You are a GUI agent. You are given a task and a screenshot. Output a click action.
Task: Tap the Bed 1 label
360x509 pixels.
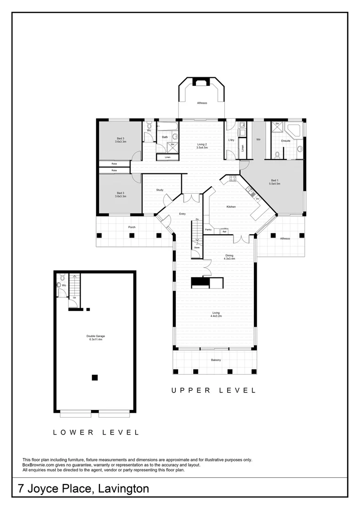pyautogui.click(x=275, y=181)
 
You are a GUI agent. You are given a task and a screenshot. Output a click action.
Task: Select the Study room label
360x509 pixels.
pyautogui.click(x=160, y=190)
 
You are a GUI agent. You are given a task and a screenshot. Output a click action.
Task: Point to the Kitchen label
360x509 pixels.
pyautogui.click(x=231, y=207)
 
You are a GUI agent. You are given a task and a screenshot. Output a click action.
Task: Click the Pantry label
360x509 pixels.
pyautogui.click(x=208, y=230)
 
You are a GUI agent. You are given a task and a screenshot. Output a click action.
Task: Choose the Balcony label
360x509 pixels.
pyautogui.click(x=216, y=361)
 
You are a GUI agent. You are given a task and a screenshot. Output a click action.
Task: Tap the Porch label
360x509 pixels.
pyautogui.click(x=132, y=227)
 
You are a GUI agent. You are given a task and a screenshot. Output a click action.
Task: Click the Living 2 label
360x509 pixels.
pyautogui.click(x=202, y=146)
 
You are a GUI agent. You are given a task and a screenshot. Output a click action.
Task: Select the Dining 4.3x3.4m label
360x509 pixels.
pyautogui.click(x=229, y=257)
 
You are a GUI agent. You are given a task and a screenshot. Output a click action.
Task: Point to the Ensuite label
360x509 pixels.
pyautogui.click(x=286, y=140)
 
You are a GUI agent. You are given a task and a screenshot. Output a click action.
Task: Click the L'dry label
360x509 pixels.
pyautogui.click(x=231, y=140)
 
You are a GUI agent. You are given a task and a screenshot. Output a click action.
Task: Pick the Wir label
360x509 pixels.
pyautogui.click(x=259, y=140)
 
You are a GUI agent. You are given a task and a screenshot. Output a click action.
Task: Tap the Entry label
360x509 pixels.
pyautogui.click(x=182, y=214)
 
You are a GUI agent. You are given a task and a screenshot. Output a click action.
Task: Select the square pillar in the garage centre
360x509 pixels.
pyautogui.click(x=95, y=377)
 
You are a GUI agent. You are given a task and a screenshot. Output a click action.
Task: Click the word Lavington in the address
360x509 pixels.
pyautogui.click(x=123, y=489)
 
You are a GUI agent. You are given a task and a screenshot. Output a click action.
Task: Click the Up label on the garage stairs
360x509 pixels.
pyautogui.click(x=74, y=298)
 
